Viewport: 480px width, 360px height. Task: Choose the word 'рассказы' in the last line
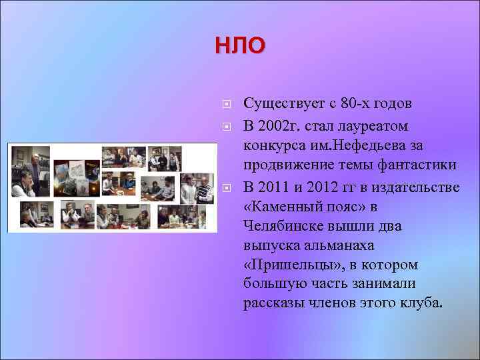pyautogui.click(x=274, y=303)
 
